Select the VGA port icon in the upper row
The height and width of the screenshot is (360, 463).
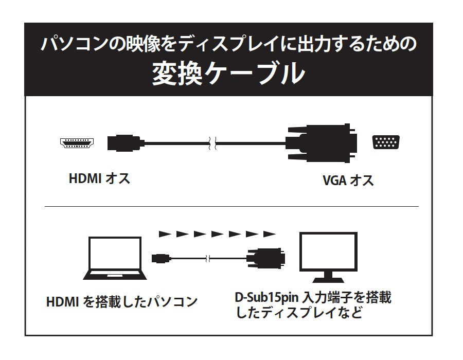click(387, 142)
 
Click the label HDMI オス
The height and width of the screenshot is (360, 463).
click(99, 179)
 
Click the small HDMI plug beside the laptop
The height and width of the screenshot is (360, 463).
click(161, 257)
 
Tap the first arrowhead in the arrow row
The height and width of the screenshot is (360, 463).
click(165, 235)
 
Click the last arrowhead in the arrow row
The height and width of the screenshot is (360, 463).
click(269, 235)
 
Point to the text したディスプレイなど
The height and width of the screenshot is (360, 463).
click(298, 313)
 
